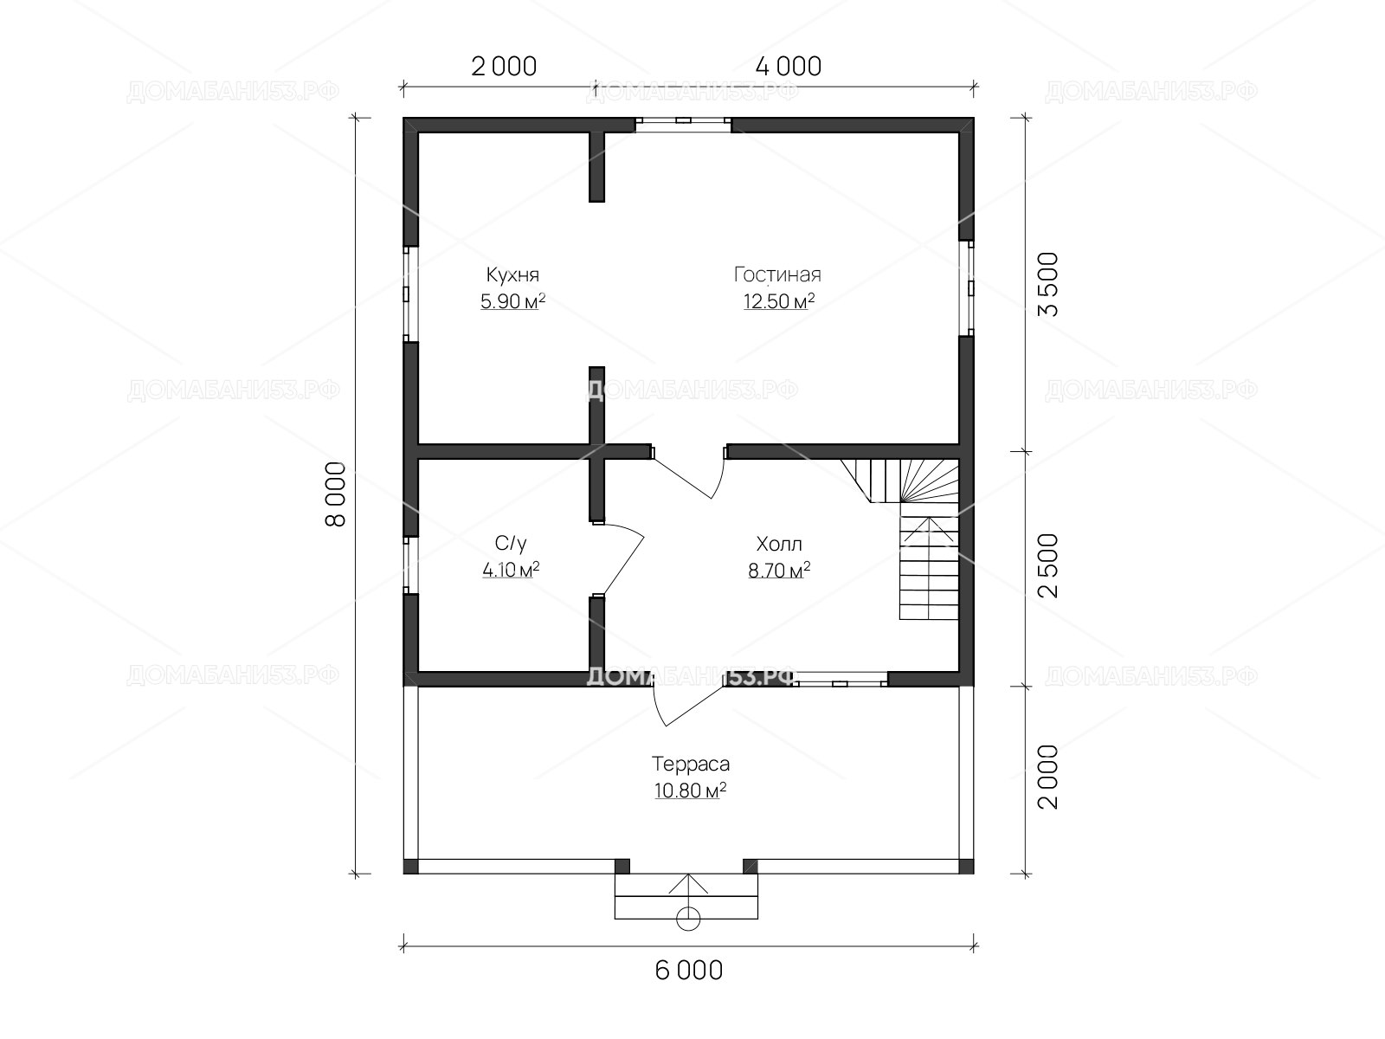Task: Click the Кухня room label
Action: [512, 275]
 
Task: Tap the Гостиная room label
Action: [777, 274]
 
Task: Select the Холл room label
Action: [778, 544]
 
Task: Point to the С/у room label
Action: [511, 543]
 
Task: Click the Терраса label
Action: [690, 764]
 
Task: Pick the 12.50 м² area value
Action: [778, 301]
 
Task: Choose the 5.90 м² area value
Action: [512, 301]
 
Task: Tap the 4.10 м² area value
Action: [511, 571]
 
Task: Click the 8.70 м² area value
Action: [778, 571]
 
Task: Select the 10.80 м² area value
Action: [690, 791]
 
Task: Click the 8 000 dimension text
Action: [336, 494]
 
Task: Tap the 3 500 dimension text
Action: [1048, 284]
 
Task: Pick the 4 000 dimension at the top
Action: [789, 67]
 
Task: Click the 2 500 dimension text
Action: [1048, 565]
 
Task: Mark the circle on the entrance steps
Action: [688, 919]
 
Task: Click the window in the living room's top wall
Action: [683, 125]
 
